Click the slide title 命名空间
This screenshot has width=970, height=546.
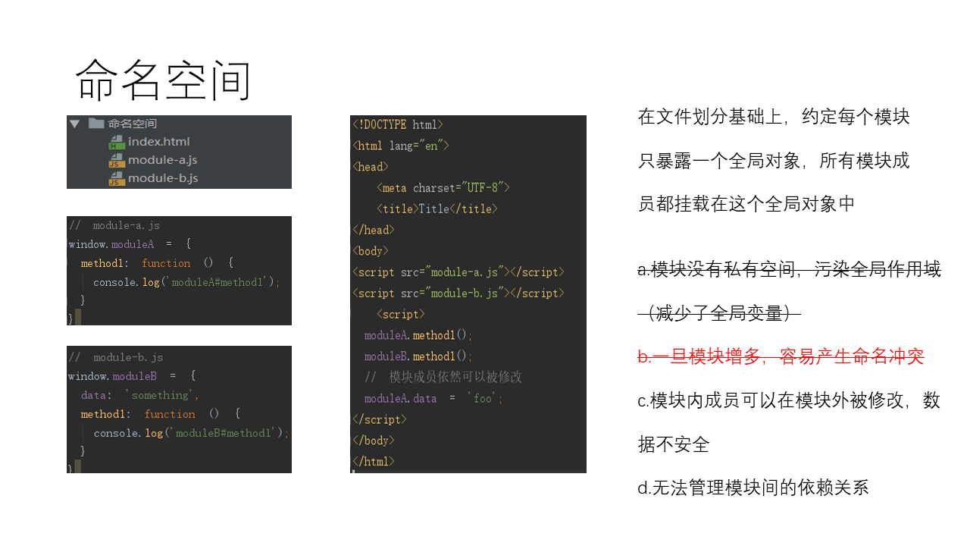click(x=163, y=80)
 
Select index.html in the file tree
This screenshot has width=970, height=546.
click(x=158, y=142)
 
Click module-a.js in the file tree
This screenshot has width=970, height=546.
click(x=162, y=160)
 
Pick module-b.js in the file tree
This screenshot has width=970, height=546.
click(x=162, y=178)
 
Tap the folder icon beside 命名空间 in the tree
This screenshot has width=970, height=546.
click(x=95, y=124)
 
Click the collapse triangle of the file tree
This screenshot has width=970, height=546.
click(x=74, y=124)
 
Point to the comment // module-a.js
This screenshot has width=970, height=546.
click(x=114, y=225)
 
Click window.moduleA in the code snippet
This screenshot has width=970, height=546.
click(x=111, y=244)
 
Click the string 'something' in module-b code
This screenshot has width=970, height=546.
click(x=161, y=395)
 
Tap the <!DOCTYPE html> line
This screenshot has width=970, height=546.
click(x=398, y=125)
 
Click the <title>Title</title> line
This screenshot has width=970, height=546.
click(x=436, y=209)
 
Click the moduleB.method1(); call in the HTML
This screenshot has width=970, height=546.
click(x=418, y=356)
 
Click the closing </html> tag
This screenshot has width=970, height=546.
click(x=374, y=461)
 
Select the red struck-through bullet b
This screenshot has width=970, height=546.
click(x=781, y=356)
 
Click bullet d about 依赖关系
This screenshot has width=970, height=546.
click(x=753, y=488)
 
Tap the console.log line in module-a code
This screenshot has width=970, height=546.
click(x=186, y=282)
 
